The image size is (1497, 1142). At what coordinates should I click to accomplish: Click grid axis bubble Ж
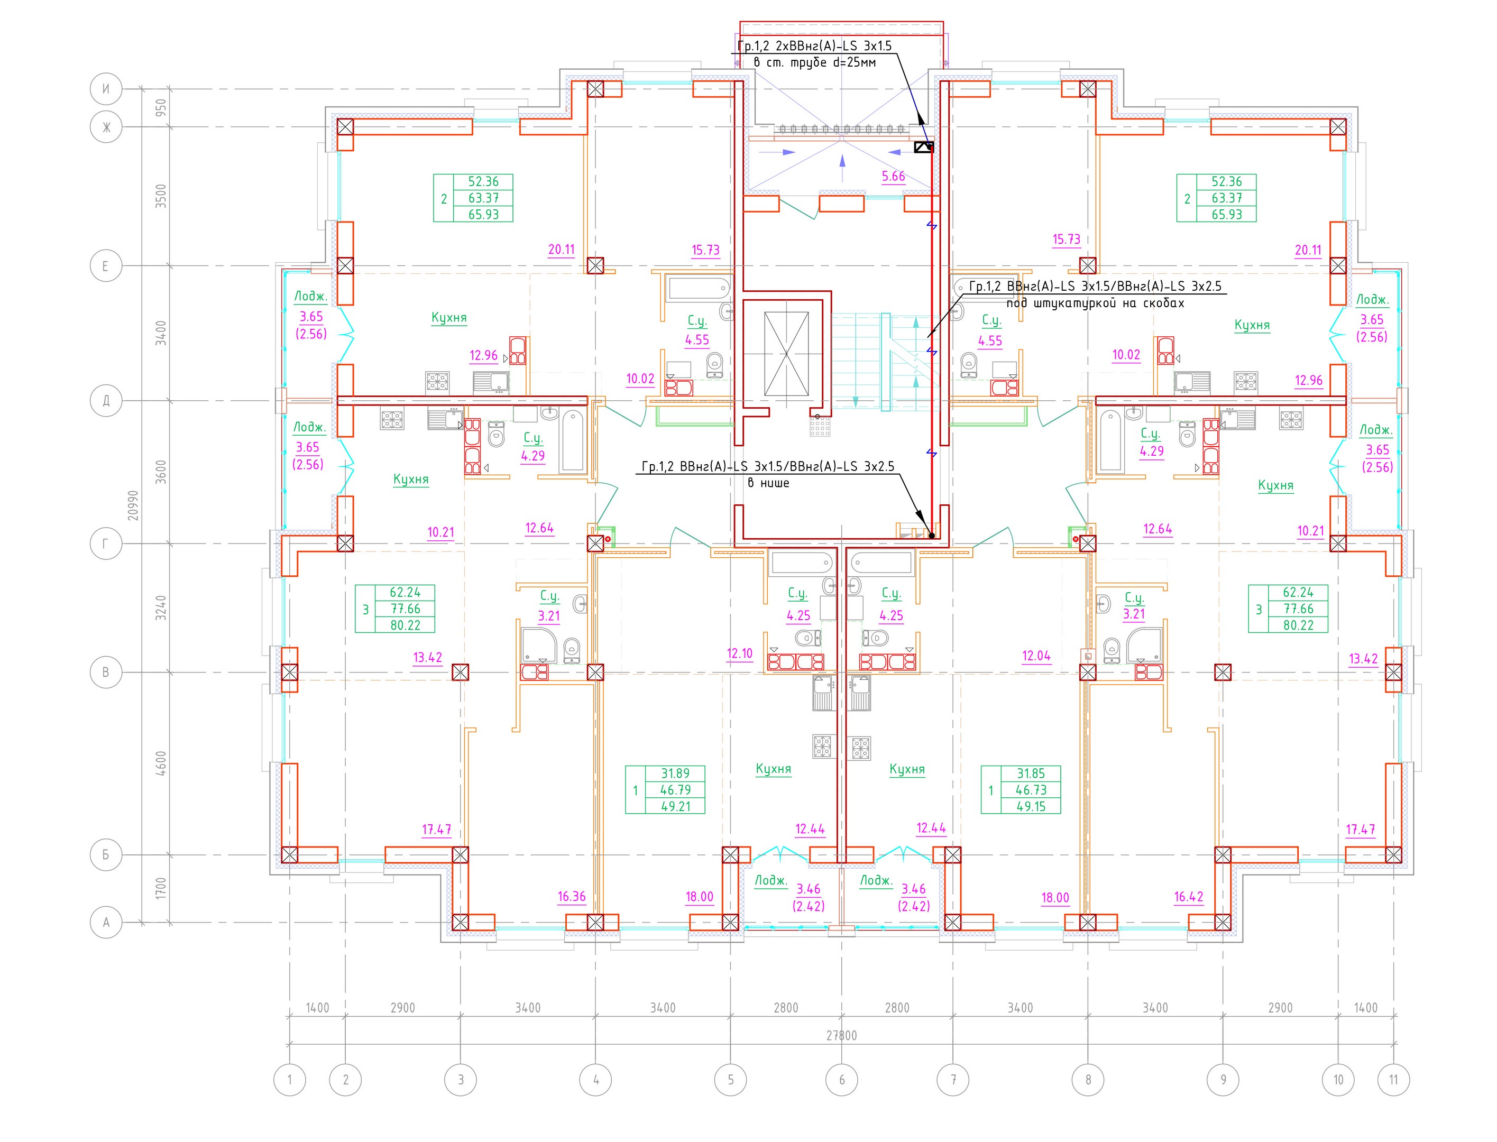(106, 127)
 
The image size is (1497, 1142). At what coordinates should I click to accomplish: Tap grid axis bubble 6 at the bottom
(842, 1080)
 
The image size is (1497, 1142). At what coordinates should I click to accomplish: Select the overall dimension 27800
(842, 1035)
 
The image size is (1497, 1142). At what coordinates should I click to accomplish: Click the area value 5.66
(893, 177)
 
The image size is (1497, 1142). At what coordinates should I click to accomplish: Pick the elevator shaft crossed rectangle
(786, 354)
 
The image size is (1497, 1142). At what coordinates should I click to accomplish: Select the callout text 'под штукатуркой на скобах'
(1095, 303)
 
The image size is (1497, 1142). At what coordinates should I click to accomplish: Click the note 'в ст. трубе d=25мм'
(814, 62)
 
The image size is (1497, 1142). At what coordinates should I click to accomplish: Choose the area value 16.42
(1188, 897)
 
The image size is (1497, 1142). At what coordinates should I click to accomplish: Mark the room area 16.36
(571, 897)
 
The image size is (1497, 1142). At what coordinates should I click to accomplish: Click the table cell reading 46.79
(675, 790)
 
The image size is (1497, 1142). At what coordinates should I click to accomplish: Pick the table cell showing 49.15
(1031, 806)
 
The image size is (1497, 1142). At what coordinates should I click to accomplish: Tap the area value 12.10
(740, 654)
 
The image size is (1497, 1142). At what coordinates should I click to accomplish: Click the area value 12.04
(1036, 656)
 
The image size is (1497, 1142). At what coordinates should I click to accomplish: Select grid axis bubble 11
(1394, 1080)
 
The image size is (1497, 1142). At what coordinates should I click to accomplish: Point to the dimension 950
(160, 107)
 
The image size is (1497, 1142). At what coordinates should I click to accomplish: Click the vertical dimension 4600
(160, 763)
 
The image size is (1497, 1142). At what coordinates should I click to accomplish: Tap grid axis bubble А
(106, 923)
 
